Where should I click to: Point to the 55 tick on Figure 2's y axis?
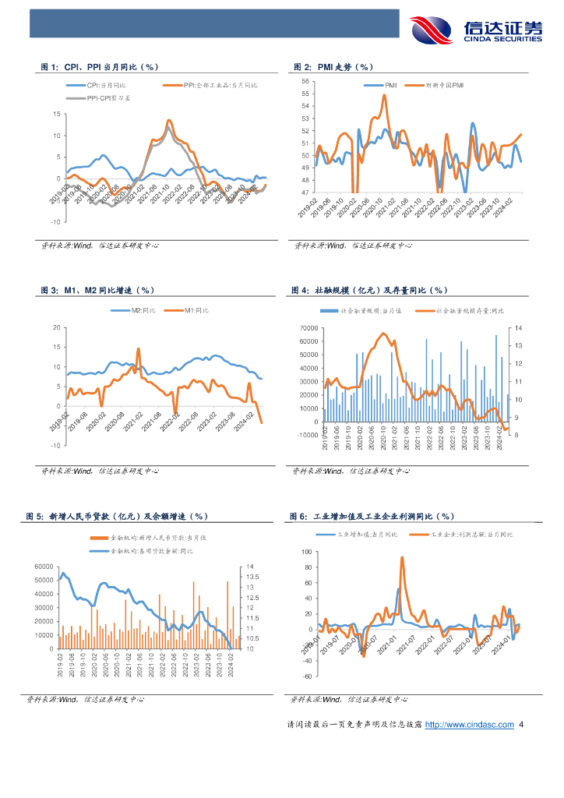pos(305,94)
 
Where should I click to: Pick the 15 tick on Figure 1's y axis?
pos(55,115)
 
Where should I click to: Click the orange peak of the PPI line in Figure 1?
pos(168,121)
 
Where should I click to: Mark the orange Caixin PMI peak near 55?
pos(385,96)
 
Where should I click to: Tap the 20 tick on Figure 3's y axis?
pos(55,327)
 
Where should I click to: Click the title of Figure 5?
pos(118,517)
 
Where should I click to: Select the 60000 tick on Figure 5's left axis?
pos(44,566)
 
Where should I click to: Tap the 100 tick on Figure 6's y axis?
pos(305,552)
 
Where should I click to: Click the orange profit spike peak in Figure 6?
pos(402,557)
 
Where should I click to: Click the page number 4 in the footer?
pos(520,725)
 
